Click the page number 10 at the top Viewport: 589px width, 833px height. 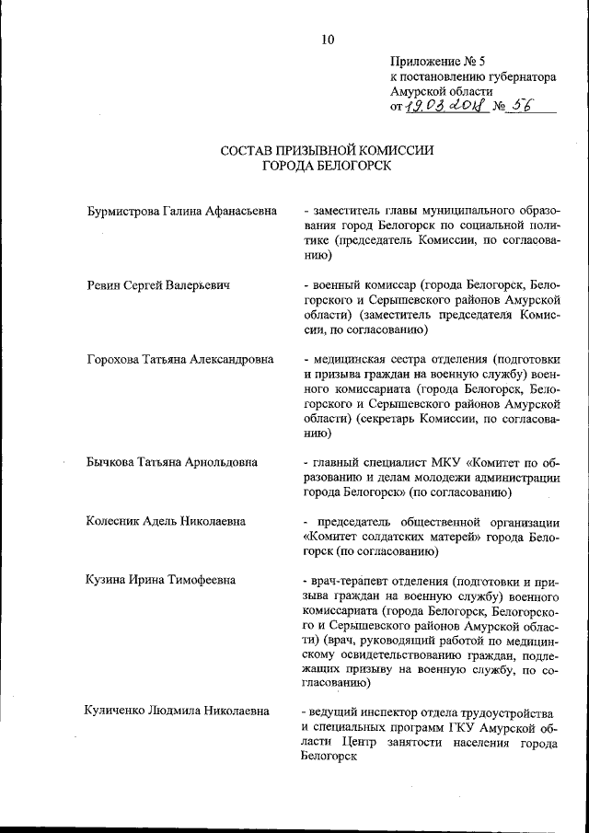pos(329,39)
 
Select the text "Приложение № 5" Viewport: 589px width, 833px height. pos(434,62)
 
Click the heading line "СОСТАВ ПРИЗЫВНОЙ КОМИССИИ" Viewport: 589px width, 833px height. pos(327,151)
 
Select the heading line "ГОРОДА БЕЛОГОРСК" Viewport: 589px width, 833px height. pos(327,167)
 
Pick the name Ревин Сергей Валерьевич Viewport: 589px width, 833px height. pos(156,285)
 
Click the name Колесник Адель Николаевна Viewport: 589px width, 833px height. pos(165,521)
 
